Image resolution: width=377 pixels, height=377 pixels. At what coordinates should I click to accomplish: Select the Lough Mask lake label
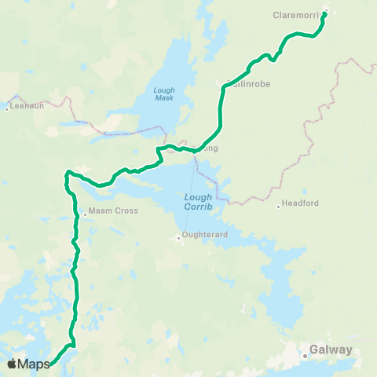[x=164, y=95]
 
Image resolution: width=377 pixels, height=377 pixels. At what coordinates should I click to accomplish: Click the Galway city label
[x=331, y=350]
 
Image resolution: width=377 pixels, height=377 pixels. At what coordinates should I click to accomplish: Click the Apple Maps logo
[x=29, y=364]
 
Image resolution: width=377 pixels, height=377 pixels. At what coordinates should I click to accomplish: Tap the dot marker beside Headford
[x=279, y=207]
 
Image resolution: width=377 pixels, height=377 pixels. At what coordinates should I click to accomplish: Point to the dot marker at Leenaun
[x=6, y=108]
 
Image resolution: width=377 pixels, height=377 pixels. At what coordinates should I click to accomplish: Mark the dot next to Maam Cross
[x=85, y=211]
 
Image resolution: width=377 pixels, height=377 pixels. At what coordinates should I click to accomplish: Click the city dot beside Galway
[x=306, y=357]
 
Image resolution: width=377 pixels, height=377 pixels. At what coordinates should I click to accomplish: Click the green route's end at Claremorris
[x=324, y=13]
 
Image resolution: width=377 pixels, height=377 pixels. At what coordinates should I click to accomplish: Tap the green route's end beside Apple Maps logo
[x=53, y=364]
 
